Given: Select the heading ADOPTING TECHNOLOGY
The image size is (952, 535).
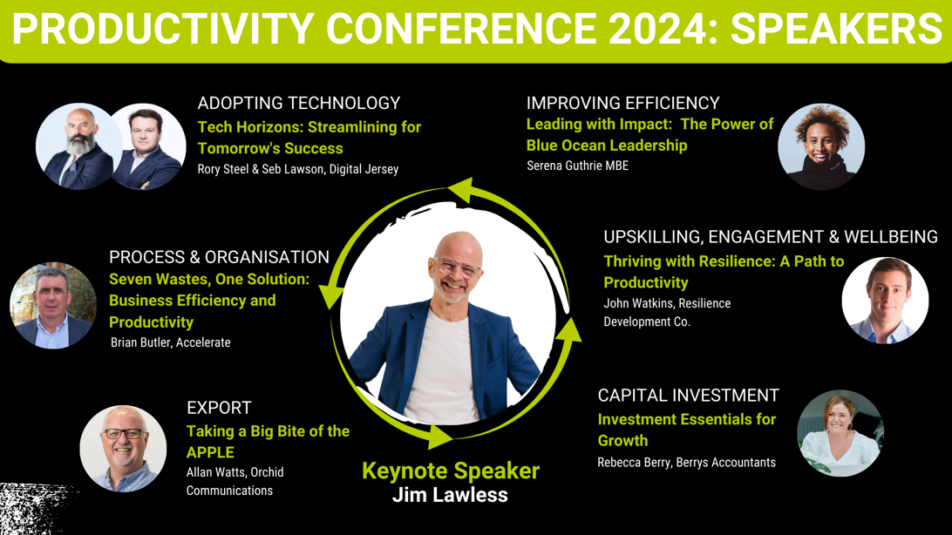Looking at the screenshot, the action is click(x=299, y=103).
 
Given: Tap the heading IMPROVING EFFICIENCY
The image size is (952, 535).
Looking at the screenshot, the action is click(x=623, y=103).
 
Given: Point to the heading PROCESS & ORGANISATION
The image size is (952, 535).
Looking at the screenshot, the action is click(x=219, y=257).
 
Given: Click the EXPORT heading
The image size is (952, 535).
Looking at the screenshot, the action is click(x=219, y=408).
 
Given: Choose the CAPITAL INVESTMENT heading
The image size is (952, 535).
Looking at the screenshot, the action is click(x=689, y=396).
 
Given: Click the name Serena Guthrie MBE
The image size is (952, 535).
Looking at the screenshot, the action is click(x=577, y=166).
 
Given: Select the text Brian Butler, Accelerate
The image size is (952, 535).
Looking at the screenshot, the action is click(x=171, y=342).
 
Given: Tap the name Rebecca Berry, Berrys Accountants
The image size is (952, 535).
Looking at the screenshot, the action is click(x=687, y=462).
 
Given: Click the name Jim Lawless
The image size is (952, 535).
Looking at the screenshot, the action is click(x=450, y=495).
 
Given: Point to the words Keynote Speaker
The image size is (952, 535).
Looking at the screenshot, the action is click(x=451, y=471).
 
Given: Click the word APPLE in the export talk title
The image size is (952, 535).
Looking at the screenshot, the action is click(x=210, y=452).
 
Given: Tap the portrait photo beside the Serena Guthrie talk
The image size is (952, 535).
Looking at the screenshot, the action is click(x=821, y=146).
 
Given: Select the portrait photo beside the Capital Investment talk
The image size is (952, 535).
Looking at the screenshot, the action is click(x=840, y=433).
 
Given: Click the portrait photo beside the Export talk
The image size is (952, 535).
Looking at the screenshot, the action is click(x=123, y=448).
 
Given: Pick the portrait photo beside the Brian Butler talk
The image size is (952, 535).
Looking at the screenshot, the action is click(x=53, y=305).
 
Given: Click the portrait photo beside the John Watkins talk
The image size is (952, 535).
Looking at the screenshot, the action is click(x=885, y=301).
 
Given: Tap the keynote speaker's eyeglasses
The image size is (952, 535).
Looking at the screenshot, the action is click(x=457, y=267).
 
